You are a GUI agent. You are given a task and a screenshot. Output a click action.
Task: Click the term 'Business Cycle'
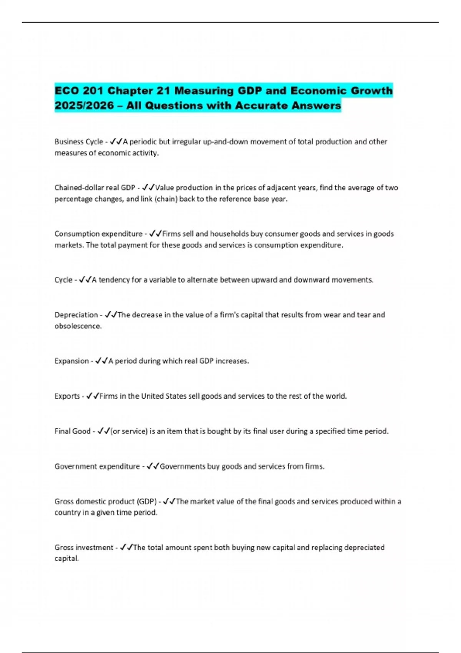[78, 142]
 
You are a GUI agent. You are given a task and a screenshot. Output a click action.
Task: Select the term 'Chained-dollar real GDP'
[95, 188]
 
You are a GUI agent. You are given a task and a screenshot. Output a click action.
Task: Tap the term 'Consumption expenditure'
[98, 234]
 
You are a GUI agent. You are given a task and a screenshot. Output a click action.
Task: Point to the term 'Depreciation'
[76, 315]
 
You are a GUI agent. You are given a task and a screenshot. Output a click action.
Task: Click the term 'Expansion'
[71, 361]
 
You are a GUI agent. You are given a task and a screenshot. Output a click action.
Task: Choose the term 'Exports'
[67, 396]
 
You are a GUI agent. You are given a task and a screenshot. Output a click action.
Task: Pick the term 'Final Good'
[72, 431]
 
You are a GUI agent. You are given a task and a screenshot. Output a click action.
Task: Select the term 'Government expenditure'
[97, 466]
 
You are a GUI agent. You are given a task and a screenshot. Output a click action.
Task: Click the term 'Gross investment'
[84, 547]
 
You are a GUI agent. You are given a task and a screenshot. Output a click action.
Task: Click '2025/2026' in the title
[84, 106]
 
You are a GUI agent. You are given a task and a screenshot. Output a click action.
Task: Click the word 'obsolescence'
[78, 326]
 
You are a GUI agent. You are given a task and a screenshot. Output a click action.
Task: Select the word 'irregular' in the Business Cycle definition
[186, 142]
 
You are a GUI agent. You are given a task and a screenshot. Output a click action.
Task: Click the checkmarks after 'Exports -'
[93, 396]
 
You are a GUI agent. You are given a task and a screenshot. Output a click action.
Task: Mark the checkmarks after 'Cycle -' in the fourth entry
[85, 280]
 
